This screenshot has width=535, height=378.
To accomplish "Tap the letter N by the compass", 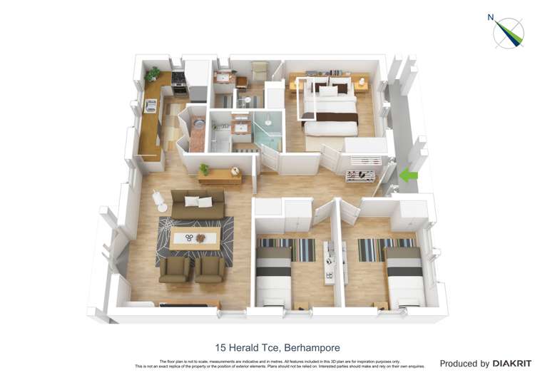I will coord(491,17).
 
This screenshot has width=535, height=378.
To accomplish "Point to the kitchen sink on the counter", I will coord(151,105).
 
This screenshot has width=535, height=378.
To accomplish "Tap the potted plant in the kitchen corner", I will coord(153,73).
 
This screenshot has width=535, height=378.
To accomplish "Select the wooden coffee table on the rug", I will coord(195,237).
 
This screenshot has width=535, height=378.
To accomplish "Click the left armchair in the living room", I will coord(174,268).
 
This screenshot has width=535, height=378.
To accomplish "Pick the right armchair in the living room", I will coord(210,268).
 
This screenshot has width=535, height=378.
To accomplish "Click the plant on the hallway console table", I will coord(205,170).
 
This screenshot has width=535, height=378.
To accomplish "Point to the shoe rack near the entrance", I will coord(360,175).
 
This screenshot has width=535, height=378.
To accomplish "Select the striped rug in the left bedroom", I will coord(287,249).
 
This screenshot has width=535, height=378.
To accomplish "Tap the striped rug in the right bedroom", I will coord(386,249).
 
